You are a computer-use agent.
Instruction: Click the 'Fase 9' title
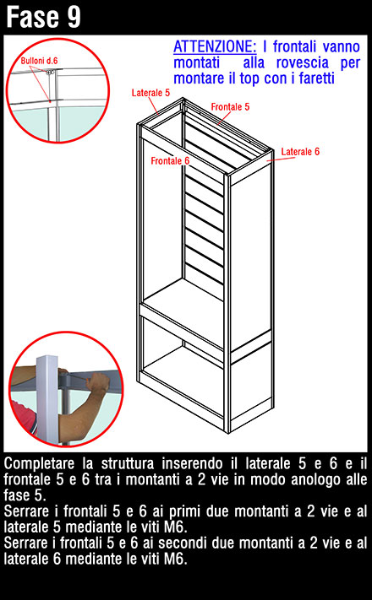tap(43, 17)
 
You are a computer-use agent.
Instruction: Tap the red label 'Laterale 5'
tap(150, 93)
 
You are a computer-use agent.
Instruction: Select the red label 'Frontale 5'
tap(230, 107)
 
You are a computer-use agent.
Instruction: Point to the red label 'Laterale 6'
tap(300, 152)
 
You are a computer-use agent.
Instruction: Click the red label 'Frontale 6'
tap(170, 160)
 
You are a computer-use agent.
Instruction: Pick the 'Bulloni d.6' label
tap(39, 61)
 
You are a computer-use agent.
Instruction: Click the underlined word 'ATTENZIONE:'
tap(215, 46)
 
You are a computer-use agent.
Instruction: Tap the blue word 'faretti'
tap(317, 78)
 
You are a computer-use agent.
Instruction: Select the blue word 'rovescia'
tap(303, 62)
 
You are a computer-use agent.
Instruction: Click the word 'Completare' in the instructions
tap(39, 464)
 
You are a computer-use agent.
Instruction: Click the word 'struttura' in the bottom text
tap(128, 463)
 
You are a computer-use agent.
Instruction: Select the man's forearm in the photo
tap(79, 410)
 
